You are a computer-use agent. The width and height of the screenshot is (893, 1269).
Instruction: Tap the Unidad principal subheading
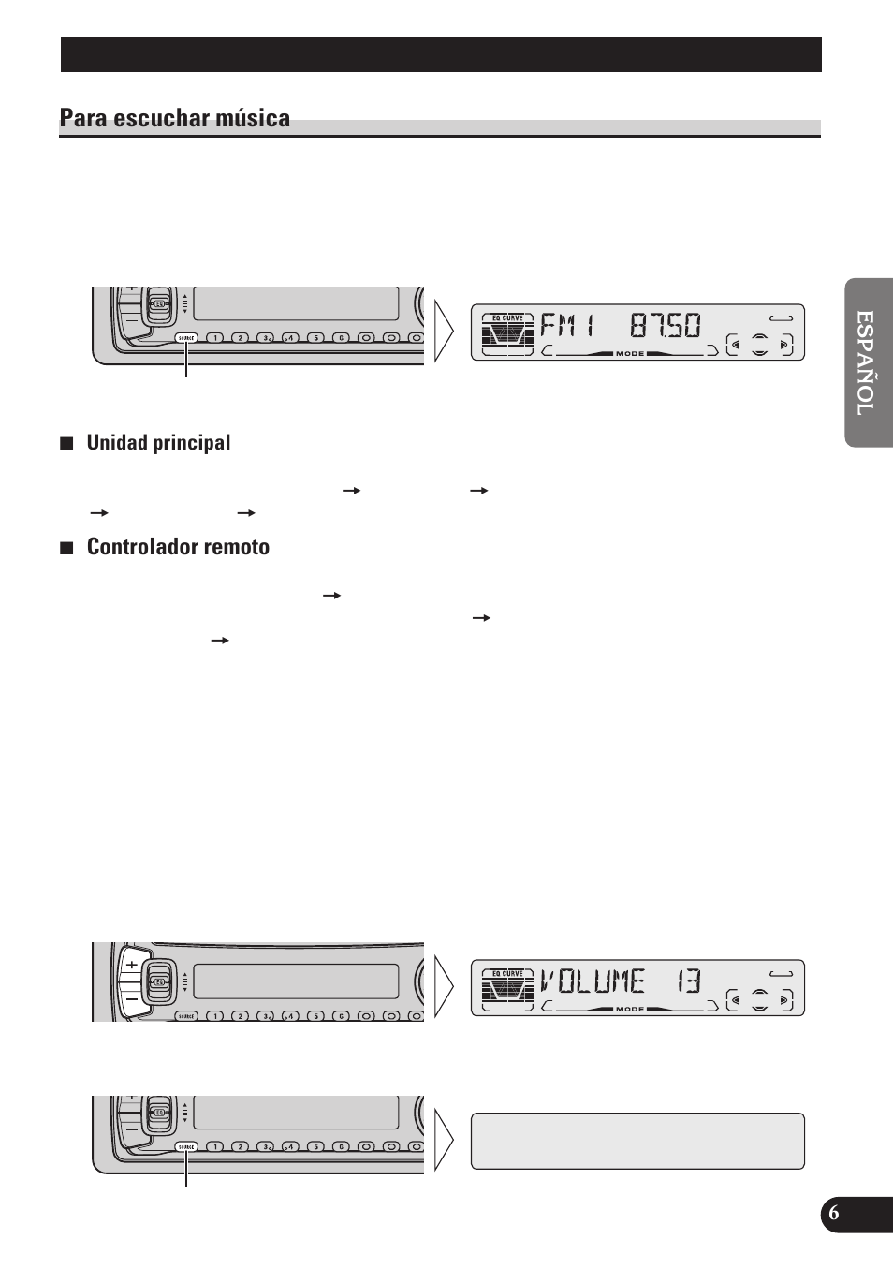(158, 443)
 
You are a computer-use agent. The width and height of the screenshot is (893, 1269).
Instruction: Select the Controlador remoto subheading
(178, 548)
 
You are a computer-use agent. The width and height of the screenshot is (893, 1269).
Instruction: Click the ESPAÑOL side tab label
(868, 362)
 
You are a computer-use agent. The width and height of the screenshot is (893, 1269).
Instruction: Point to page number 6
(834, 1214)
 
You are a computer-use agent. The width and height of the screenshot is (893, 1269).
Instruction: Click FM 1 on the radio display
(568, 326)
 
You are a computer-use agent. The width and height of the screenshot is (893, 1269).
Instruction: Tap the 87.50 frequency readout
(666, 326)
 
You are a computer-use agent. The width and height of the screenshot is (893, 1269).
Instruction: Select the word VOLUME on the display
(593, 981)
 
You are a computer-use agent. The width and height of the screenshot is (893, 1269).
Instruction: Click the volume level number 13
(689, 981)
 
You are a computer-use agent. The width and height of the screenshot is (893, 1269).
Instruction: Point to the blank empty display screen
(637, 1141)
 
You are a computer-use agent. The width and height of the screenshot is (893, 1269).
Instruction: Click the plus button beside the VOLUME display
(132, 964)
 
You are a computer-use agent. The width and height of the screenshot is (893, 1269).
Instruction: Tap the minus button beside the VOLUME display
(132, 998)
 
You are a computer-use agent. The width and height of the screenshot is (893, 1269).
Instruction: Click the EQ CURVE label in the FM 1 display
(507, 318)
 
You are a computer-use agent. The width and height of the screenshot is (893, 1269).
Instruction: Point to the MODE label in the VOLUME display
(630, 1009)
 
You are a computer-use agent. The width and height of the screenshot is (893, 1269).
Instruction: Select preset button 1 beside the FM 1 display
(214, 338)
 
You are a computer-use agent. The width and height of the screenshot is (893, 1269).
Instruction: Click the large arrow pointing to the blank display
(444, 1141)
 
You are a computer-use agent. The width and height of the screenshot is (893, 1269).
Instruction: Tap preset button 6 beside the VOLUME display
(342, 1016)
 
